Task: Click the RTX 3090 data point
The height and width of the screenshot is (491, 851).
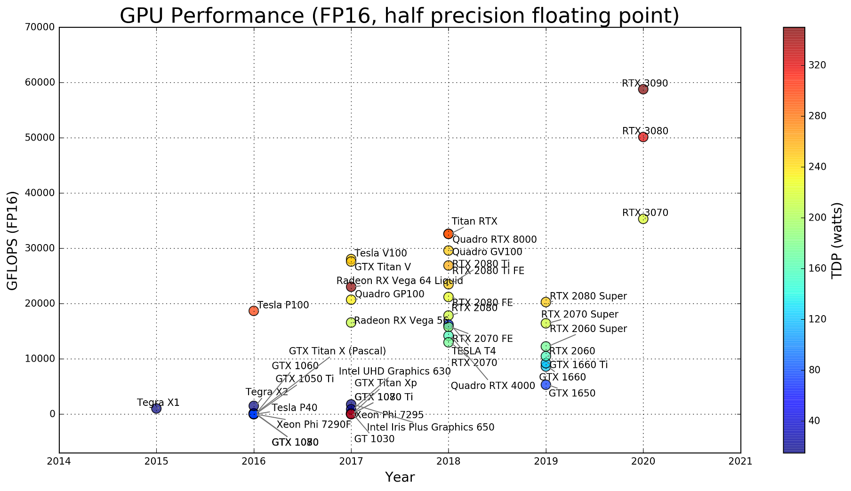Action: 643,89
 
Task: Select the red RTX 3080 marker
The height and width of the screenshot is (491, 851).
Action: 643,137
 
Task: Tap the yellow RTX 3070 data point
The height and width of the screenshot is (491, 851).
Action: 643,219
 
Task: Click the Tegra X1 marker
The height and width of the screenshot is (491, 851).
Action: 156,409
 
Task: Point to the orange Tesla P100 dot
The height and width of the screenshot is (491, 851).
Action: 254,311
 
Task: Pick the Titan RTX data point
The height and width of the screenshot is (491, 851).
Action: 448,234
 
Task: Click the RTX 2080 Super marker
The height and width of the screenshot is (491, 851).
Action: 546,302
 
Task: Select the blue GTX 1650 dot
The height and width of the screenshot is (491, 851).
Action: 546,385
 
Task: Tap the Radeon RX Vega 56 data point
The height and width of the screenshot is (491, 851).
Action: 351,323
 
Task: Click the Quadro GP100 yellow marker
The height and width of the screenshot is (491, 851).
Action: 351,300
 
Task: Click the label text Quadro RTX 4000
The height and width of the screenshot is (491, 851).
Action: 493,386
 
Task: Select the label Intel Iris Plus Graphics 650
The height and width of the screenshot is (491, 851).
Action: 430,428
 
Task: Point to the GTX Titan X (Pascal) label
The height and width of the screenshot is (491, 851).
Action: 337,351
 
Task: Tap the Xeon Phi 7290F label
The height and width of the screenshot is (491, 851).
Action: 313,425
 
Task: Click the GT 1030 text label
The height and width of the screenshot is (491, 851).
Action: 374,439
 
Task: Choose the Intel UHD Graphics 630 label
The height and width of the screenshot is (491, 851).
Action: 394,372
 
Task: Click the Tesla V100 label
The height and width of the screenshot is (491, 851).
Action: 380,253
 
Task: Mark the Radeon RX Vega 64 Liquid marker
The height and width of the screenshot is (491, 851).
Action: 351,287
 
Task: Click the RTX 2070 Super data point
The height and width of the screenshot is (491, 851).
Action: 546,323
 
